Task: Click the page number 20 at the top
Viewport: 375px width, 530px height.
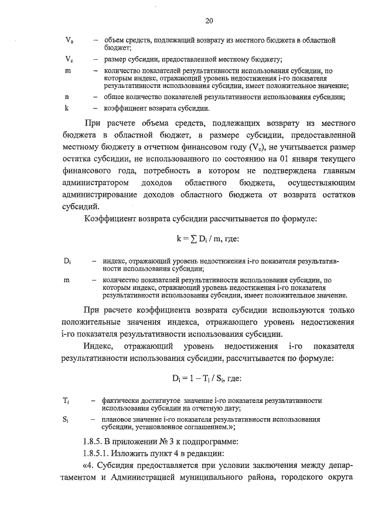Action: click(209, 21)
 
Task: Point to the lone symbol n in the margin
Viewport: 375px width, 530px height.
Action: click(67, 97)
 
